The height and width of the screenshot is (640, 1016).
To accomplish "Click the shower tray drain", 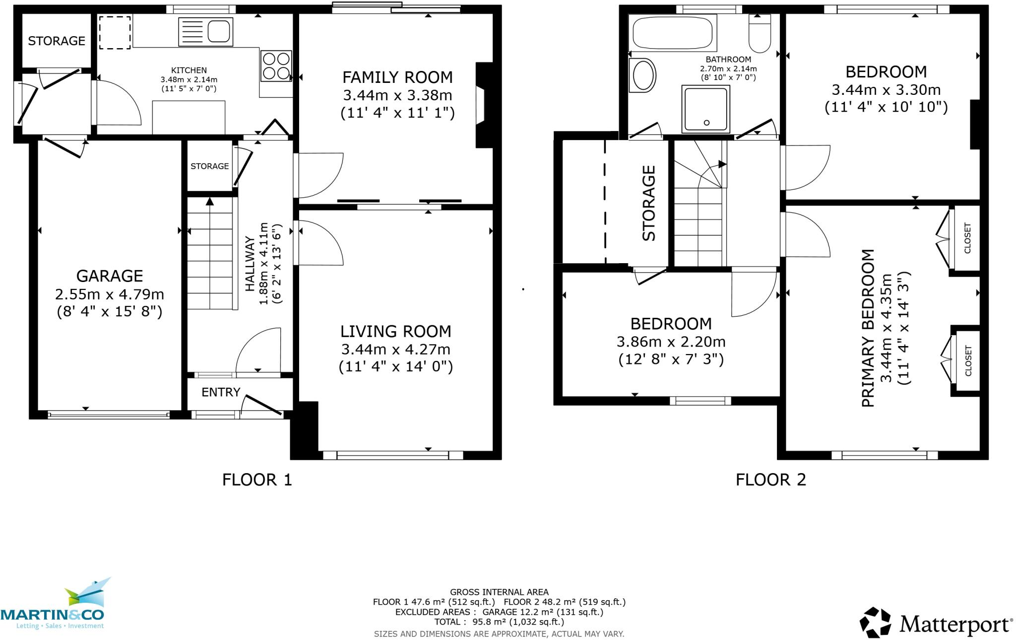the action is [707, 123].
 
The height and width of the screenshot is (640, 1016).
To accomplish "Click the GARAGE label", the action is [110, 276].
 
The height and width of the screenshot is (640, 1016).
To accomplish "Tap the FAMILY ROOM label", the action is [397, 77].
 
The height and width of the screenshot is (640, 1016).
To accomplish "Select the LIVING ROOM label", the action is [396, 331].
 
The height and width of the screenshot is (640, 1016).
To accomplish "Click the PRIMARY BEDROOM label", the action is [868, 328].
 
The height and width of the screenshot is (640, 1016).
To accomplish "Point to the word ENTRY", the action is [221, 392].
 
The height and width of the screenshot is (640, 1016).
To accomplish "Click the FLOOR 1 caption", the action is [257, 480].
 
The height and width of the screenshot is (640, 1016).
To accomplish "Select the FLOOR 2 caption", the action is [771, 480].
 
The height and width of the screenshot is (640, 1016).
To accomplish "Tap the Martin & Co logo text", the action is [52, 615].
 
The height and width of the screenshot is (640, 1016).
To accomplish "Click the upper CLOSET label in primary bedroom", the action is [967, 238].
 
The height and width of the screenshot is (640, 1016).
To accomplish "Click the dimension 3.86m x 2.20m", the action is [671, 342].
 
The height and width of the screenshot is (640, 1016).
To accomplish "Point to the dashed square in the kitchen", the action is [115, 33].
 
